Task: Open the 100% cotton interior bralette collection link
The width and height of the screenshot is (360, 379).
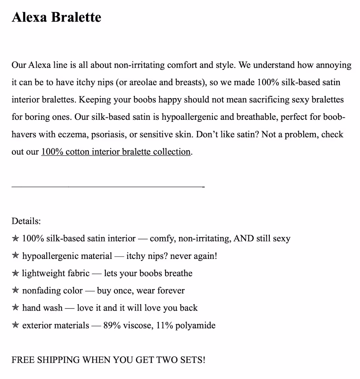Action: pos(116,152)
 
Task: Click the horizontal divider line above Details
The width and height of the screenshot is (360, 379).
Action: pos(108,187)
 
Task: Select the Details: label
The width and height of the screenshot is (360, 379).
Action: pos(26,221)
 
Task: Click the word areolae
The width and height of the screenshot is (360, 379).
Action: pos(143,82)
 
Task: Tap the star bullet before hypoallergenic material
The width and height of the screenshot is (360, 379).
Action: pos(15,256)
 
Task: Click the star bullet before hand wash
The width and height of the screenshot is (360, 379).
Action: pos(15,308)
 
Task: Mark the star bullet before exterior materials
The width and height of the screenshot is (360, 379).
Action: pos(15,325)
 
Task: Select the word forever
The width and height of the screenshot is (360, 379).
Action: pos(171,291)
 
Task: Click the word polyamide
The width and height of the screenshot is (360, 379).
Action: pos(195,325)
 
